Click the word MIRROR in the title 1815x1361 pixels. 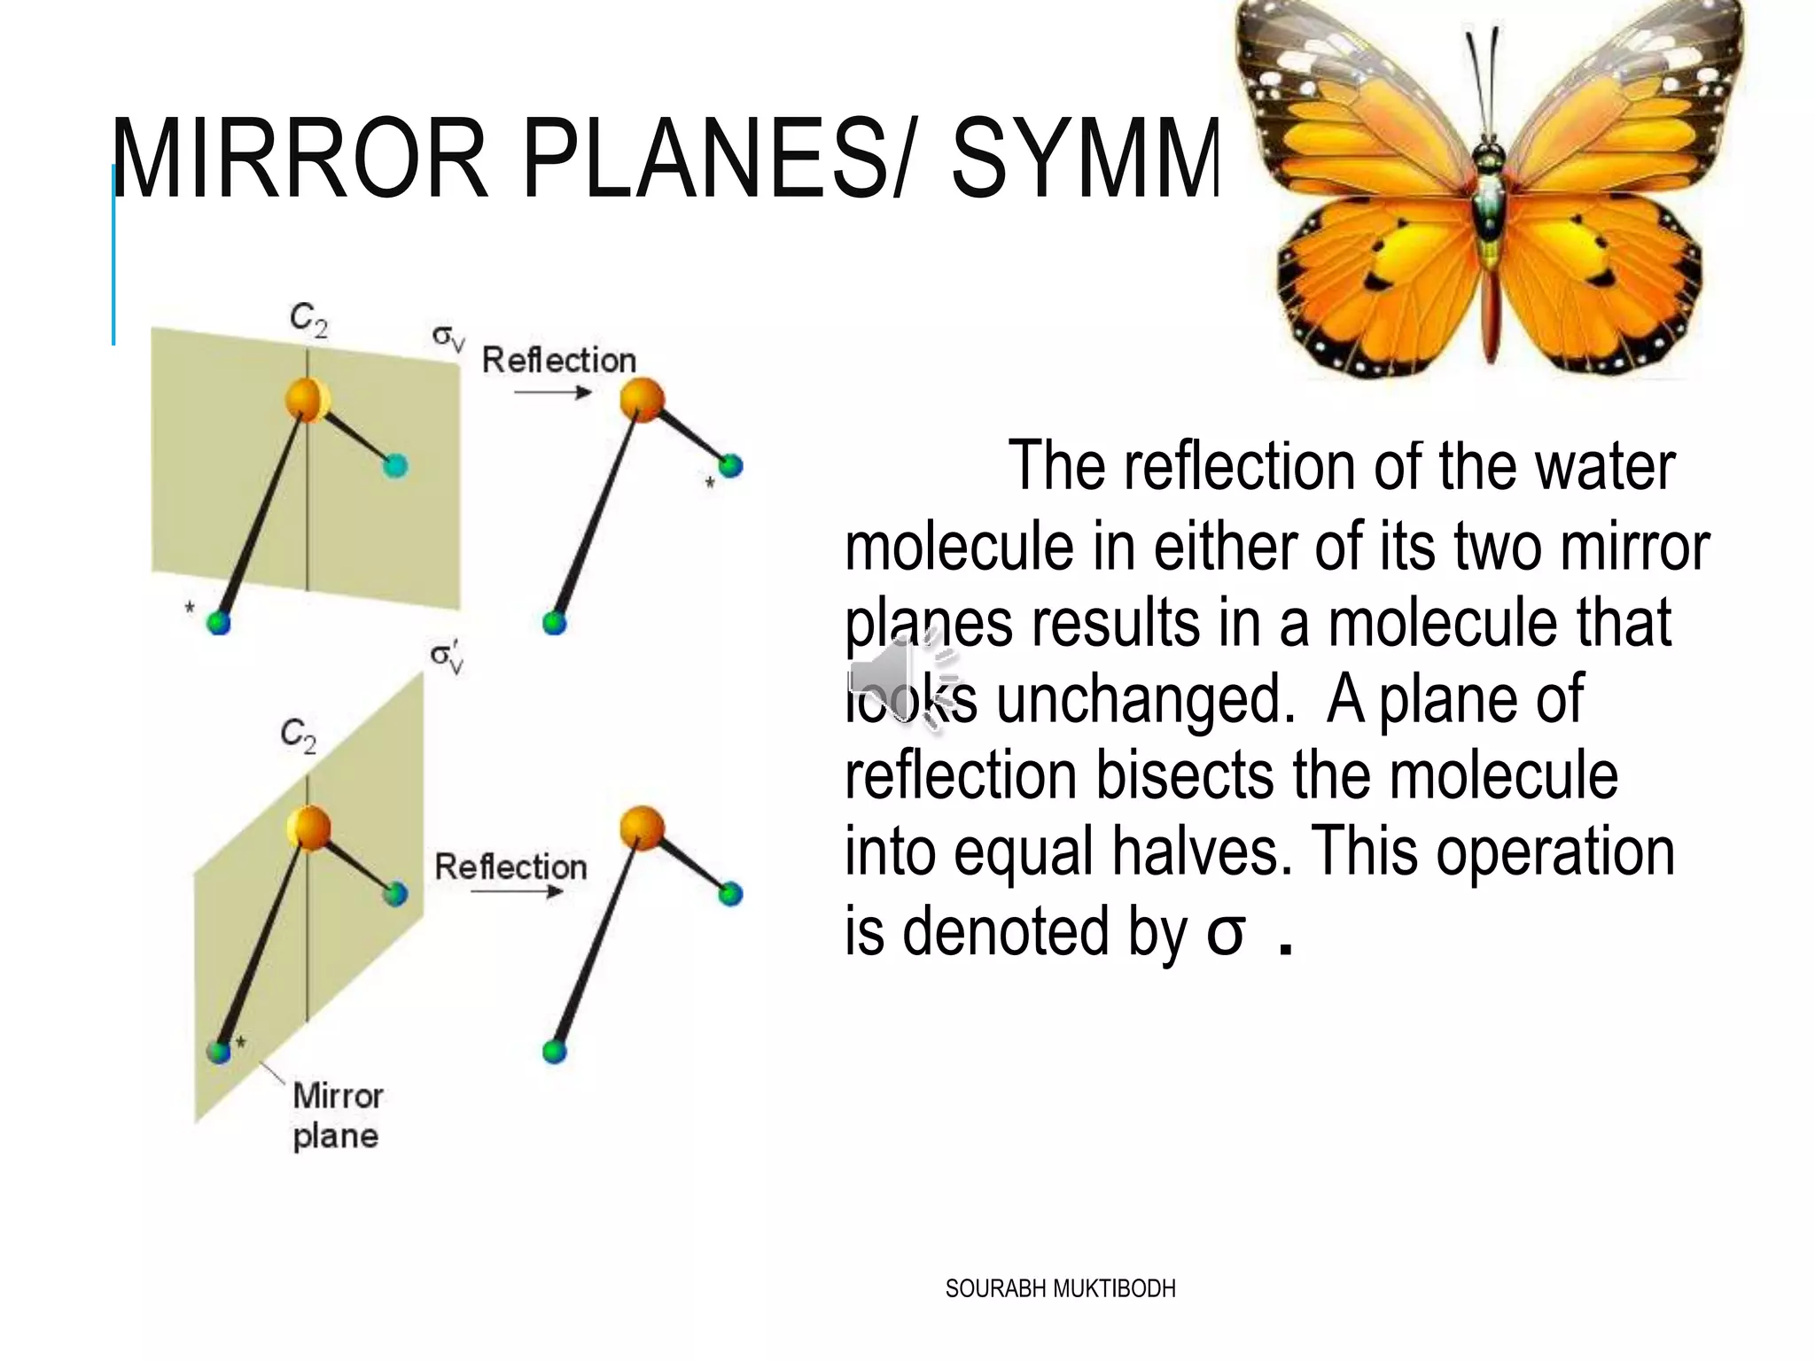click(300, 160)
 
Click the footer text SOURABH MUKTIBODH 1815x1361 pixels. click(1060, 1288)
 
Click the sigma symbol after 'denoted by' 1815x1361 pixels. click(1225, 932)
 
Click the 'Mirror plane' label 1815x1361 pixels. click(337, 1116)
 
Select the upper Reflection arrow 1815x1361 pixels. click(552, 392)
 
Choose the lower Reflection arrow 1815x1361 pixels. click(516, 891)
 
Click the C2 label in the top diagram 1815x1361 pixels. click(308, 319)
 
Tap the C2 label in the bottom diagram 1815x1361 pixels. click(298, 735)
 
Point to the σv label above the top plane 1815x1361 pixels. click(448, 338)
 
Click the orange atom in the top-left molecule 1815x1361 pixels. click(307, 400)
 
